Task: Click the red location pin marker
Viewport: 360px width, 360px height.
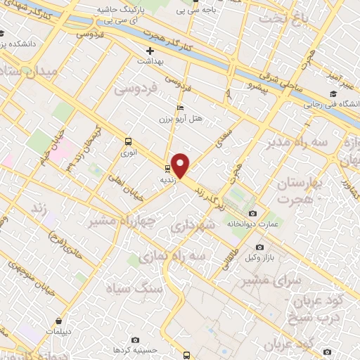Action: tap(181, 165)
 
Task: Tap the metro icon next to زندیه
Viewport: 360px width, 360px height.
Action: tap(167, 168)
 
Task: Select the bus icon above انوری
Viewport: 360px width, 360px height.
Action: tap(127, 140)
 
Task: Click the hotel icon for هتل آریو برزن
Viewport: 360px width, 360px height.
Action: tap(180, 108)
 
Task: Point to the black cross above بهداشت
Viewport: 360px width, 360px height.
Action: tap(149, 51)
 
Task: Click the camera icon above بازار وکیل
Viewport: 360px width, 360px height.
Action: tap(260, 248)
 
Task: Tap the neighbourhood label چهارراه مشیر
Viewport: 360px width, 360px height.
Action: tap(112, 219)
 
